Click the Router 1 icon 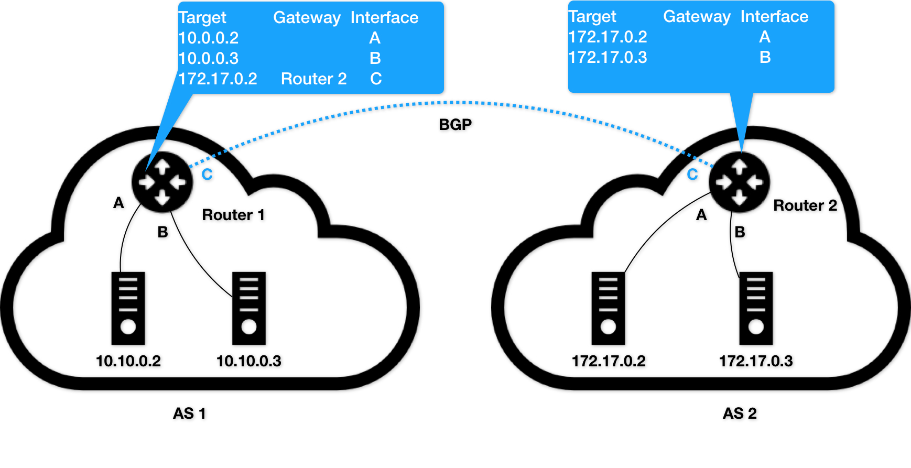coord(162,182)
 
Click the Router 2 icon coord(739,182)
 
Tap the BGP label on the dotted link coord(455,125)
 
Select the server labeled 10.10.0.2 coord(128,308)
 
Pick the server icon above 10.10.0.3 coord(249,308)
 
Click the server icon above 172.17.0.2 coord(608,308)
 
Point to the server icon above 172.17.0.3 coord(756,308)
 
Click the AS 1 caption coord(189,413)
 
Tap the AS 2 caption coord(740,413)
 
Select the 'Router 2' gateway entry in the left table coord(313,79)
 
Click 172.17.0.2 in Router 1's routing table coord(218,79)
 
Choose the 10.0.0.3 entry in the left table coord(208,58)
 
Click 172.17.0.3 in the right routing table coord(608,57)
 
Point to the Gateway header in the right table coord(697,17)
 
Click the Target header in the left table coord(202,18)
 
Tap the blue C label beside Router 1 coord(207,175)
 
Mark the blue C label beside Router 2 coord(692,175)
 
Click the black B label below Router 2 coord(740,232)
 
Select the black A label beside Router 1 coord(118,203)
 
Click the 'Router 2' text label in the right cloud coord(805,205)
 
